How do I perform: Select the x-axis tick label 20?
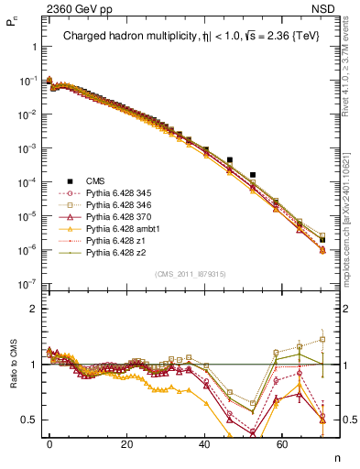click(126, 443)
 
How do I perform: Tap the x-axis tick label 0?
click(49, 443)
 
